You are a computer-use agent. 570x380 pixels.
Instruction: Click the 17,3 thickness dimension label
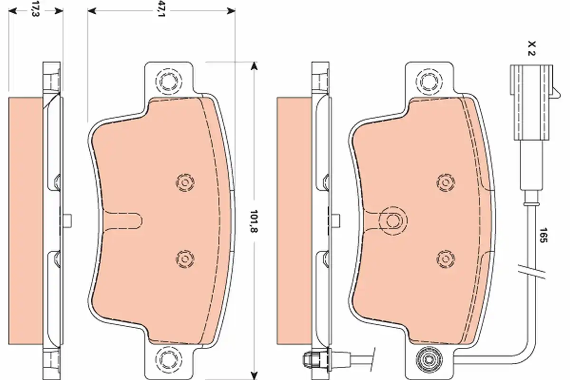[36, 9]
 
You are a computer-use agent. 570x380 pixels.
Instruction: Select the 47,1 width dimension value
[161, 9]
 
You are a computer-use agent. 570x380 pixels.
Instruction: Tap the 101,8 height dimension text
[254, 221]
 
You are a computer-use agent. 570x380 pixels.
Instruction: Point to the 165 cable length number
[544, 235]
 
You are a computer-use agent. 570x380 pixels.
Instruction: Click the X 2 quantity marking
[532, 48]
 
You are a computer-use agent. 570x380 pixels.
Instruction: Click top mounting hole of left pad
[169, 81]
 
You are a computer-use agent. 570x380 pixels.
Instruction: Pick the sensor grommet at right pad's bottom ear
[429, 360]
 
